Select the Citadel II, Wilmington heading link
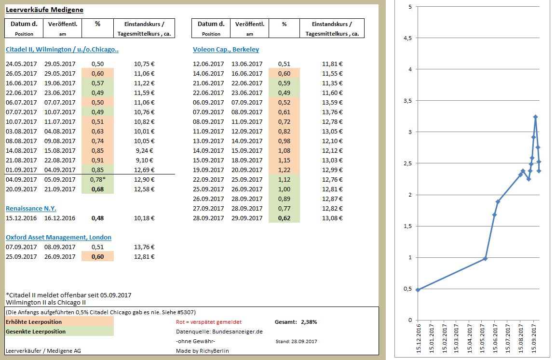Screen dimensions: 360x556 tap(62, 50)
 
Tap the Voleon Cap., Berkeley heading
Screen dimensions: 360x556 tap(226, 50)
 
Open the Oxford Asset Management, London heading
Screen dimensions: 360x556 tap(58, 238)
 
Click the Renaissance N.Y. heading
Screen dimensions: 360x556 tap(31, 209)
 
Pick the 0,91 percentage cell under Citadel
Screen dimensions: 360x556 tap(97, 160)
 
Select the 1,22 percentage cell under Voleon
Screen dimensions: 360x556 tap(284, 170)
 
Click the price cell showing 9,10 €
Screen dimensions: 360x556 tap(145, 160)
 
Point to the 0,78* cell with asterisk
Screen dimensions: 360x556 tap(97, 180)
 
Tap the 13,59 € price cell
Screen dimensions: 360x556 tap(332, 103)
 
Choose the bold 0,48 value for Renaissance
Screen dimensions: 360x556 tap(97, 218)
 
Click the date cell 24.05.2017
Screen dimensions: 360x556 tap(21, 64)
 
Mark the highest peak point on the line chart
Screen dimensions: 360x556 tap(535, 117)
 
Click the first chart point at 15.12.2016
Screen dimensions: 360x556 tap(418, 290)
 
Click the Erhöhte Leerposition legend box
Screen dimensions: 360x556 tap(59, 321)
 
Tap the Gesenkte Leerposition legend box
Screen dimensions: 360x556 tap(59, 331)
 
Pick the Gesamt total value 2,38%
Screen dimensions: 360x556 tap(309, 322)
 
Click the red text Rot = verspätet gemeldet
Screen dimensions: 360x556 tap(208, 322)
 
